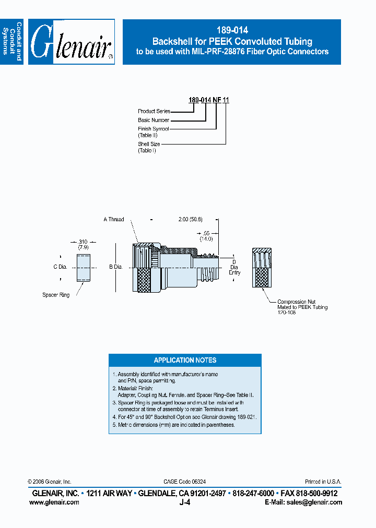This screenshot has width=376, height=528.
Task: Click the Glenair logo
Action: pos(72,42)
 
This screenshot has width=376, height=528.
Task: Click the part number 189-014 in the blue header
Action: pos(231,31)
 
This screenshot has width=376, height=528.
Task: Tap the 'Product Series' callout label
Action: pos(154,111)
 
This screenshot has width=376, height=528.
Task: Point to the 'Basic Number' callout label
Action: pos(154,120)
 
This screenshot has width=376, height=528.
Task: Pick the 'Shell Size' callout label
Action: pos(149,144)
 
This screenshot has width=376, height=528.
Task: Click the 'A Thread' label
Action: pos(114,220)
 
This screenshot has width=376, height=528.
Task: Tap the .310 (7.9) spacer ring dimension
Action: pos(83,244)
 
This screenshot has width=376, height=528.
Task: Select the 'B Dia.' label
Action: pos(115,267)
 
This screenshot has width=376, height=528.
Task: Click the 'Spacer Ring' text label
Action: pos(56,295)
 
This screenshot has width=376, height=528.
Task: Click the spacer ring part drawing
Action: pos(84,268)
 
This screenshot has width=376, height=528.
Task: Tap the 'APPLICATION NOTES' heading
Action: pos(185,361)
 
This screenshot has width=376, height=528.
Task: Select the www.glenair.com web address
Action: pos(54,502)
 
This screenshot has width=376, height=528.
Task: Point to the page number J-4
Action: pos(184,502)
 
